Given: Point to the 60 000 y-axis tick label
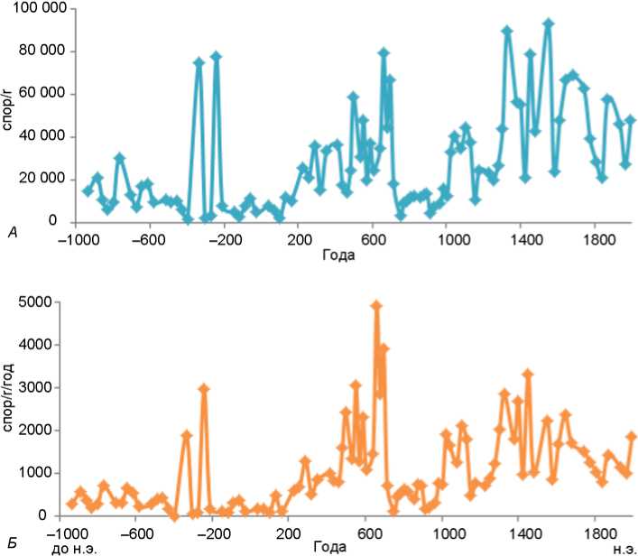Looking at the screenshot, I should point(44,94).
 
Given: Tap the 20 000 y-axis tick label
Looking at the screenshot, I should point(44,180).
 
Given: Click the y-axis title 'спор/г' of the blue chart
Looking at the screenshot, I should point(10,116).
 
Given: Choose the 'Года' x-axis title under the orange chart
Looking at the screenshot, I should point(329,548).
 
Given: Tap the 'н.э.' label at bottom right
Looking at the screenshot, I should point(624,548).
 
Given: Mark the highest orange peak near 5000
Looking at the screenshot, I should point(376,306).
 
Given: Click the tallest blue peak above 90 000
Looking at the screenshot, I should point(548,23).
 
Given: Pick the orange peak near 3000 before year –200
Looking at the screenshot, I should point(204,388).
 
